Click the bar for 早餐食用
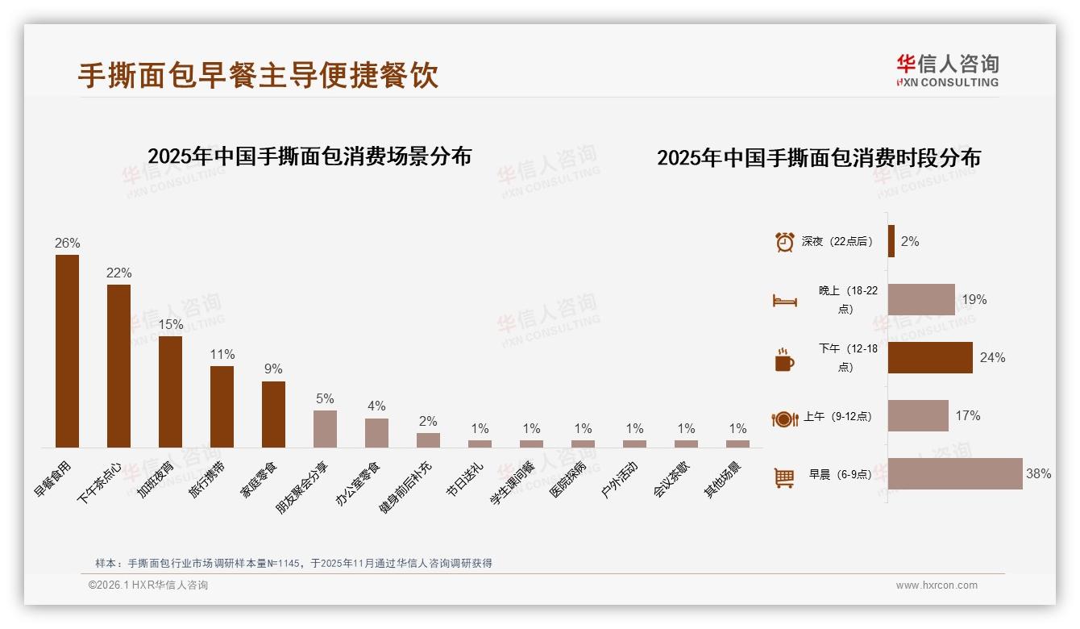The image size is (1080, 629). pos(67,351)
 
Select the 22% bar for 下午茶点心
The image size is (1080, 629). pos(118,365)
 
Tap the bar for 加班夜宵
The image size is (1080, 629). pos(170,391)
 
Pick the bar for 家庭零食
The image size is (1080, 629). pos(273,414)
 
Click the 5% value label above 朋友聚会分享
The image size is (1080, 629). pos(325,398)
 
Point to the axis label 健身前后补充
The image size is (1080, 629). pos(406,488)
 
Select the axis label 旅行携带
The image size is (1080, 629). pos(207,481)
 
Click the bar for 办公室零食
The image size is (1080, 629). pos(376,432)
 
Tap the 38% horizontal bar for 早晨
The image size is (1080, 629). pos(955,473)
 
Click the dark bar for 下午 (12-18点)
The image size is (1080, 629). pos(930,357)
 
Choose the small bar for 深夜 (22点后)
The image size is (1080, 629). pos(891,241)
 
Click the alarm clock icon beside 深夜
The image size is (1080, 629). pos(784,242)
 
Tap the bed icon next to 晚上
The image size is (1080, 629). pos(784,301)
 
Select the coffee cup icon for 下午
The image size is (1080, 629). pos(784,360)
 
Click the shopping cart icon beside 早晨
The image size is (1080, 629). pos(784,477)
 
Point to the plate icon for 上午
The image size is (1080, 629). pos(784,419)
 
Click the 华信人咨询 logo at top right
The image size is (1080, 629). pos(947,70)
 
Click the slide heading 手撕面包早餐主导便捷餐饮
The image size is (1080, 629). pos(258,76)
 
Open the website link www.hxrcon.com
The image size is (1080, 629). pos(937,585)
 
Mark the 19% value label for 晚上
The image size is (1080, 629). pos(974,299)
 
